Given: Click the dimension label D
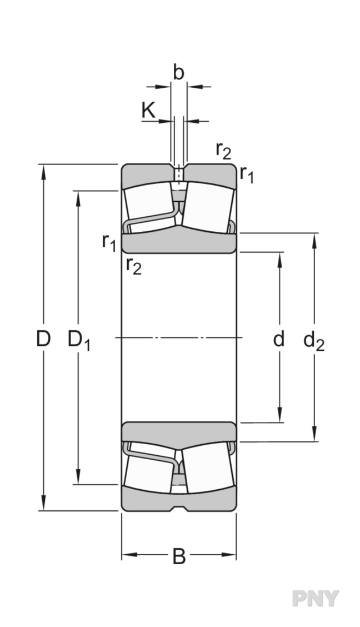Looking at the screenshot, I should click(43, 339).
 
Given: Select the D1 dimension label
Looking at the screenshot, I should click(78, 340).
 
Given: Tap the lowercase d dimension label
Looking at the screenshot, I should click(279, 339).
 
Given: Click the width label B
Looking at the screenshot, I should click(178, 556).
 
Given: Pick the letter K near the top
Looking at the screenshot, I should click(148, 110).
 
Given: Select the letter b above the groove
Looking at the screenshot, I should click(178, 73).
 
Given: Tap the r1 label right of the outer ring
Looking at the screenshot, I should click(247, 175).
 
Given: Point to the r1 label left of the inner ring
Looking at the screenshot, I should click(109, 242).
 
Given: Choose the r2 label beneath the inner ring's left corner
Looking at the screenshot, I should click(133, 266).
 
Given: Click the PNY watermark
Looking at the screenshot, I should click(315, 598).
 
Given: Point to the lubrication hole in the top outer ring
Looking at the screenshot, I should click(178, 173).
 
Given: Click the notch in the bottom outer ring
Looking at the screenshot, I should click(178, 507).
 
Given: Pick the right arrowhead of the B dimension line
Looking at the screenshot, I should click(231, 554).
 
